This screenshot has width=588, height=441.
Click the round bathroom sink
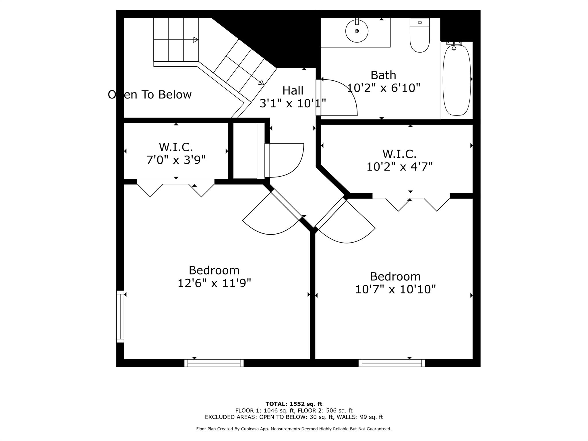click(357, 31)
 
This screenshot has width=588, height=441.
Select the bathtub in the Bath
click(457, 80)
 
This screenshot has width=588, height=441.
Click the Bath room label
click(383, 75)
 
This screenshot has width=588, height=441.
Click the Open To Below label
click(150, 94)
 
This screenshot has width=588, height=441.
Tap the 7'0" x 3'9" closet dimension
click(176, 160)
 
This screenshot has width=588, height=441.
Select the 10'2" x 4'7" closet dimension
click(399, 167)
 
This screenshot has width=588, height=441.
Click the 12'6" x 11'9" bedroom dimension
click(214, 283)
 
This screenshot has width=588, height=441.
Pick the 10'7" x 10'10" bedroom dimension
click(395, 289)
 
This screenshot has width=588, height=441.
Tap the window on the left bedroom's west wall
click(120, 316)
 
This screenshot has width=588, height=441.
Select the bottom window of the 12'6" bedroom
click(214, 363)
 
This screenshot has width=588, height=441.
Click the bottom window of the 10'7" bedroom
click(392, 363)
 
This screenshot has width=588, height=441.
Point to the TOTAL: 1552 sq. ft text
click(294, 404)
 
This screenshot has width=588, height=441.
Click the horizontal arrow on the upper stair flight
click(176, 40)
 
